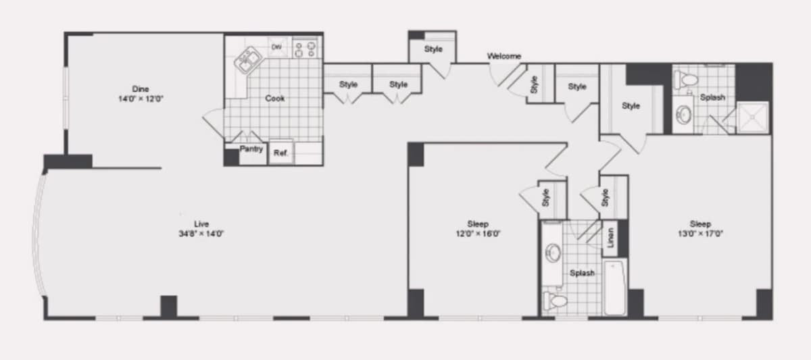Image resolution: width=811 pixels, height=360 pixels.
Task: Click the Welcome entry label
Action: tap(504, 56)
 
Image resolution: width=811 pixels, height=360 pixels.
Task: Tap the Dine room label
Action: tap(141, 88)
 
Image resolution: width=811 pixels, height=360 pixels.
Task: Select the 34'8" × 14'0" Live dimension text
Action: tap(201, 234)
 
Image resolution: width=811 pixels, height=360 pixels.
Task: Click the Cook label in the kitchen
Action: tap(275, 98)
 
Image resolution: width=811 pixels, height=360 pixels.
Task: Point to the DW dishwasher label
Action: tap(276, 47)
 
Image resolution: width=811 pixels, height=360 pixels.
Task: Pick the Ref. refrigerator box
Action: tap(281, 153)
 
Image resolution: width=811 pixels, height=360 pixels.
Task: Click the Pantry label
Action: tap(251, 149)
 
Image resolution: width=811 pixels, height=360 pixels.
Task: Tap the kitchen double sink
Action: tap(249, 60)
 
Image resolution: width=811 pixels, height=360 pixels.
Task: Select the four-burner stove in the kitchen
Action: tap(305, 49)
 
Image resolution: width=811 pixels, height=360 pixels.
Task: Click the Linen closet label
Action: tap(611, 238)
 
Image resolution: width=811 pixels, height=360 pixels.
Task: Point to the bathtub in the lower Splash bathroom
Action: tap(614, 287)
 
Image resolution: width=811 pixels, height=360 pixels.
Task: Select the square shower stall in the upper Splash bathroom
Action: tap(753, 118)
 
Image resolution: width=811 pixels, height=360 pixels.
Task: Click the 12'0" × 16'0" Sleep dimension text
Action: tap(478, 234)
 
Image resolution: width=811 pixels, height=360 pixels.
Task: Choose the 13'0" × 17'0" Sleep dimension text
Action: tap(700, 234)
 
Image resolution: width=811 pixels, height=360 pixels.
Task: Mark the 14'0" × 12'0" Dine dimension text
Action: tap(141, 99)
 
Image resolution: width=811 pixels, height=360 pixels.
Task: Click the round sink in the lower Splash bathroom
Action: tap(554, 253)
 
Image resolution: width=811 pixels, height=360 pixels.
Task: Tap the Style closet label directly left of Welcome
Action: tap(433, 49)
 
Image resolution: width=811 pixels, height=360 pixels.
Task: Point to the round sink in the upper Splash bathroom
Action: tap(683, 115)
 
